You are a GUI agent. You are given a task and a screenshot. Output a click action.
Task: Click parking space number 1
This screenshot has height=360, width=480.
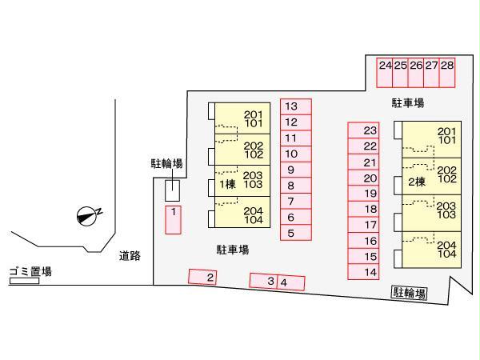click(173, 220)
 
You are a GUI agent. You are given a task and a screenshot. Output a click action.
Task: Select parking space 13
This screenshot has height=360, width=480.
click(296, 106)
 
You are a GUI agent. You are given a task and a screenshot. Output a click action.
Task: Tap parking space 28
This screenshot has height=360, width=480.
click(447, 73)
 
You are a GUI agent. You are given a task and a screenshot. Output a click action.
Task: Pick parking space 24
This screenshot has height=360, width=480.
click(385, 73)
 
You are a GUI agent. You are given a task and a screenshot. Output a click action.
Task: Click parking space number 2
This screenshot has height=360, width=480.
click(202, 277)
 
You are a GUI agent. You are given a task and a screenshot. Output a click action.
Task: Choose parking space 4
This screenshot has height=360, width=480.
click(291, 283)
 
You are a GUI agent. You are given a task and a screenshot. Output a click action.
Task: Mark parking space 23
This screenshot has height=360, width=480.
click(363, 130)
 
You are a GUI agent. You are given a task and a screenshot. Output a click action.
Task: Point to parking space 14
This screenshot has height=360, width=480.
click(363, 272)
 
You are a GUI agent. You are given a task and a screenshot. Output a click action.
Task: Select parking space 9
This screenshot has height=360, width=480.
click(296, 170)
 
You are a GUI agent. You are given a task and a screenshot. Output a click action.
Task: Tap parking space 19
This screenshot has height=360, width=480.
click(363, 194)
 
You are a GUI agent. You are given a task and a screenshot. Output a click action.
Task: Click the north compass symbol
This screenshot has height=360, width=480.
click(88, 217)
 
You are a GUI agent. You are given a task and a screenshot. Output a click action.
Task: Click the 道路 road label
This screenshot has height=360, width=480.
click(130, 256)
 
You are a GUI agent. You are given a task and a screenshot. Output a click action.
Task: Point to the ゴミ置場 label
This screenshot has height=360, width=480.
click(30, 271)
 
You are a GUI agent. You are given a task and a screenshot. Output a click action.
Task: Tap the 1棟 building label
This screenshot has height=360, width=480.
click(227, 184)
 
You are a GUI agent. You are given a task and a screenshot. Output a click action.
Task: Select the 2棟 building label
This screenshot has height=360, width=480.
click(417, 182)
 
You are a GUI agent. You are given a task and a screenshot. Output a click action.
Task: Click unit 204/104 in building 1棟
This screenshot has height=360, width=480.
click(242, 212)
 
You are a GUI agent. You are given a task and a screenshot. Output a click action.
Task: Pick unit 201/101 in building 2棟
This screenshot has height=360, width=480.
click(431, 139)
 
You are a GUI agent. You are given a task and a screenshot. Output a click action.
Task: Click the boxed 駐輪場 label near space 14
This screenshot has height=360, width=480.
click(410, 293)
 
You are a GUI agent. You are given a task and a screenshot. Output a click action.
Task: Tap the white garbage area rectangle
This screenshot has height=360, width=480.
click(25, 281)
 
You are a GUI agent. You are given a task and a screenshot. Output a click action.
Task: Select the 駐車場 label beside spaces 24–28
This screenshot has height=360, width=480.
click(408, 103)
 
